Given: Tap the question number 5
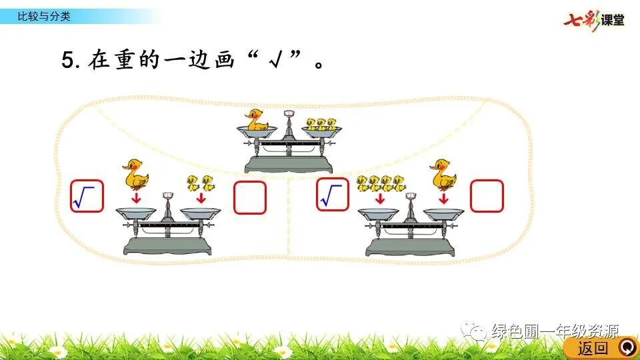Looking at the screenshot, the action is [x=69, y=61].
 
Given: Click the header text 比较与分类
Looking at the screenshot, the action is [x=43, y=17].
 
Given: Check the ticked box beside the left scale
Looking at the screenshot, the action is [x=87, y=196].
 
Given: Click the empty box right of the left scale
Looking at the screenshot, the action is [x=250, y=197].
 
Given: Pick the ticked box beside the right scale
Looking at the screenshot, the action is [x=333, y=194].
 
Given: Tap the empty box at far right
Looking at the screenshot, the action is [x=487, y=196].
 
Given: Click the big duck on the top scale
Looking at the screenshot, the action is [x=257, y=121].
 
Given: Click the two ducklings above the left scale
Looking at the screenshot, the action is [x=201, y=181].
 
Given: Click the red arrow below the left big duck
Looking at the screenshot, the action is [x=136, y=198].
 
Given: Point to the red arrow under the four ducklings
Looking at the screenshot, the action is [x=381, y=199].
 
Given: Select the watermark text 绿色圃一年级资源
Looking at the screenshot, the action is [x=555, y=331].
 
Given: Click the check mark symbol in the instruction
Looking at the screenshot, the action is [x=273, y=61].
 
